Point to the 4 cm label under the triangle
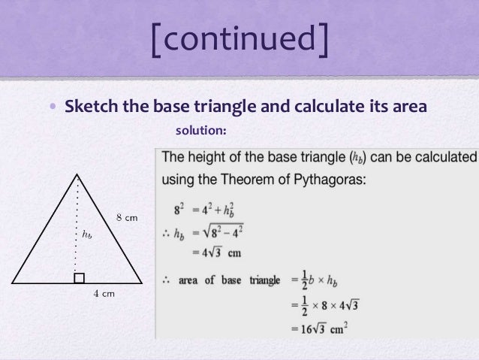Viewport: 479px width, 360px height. click(103, 293)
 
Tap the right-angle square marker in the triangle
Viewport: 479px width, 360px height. click(79, 279)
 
